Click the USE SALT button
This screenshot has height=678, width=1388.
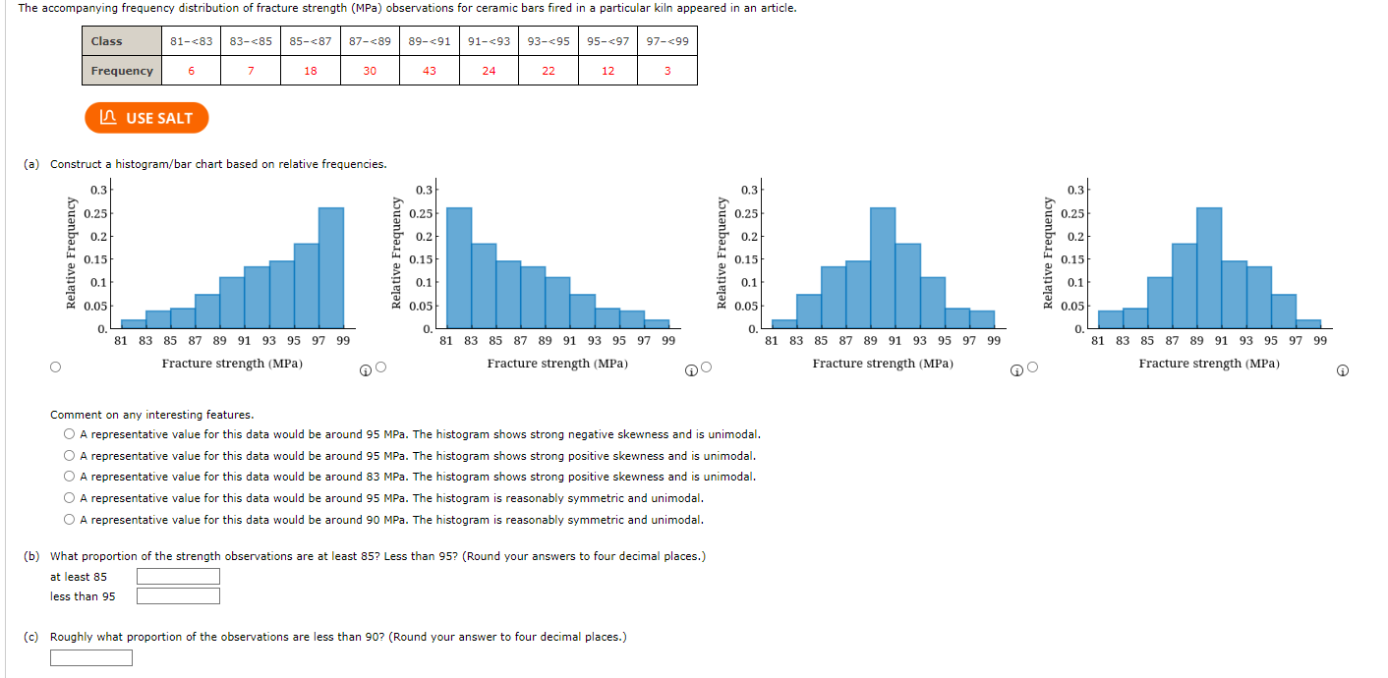(x=146, y=118)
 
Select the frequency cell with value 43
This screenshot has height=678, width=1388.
(x=430, y=71)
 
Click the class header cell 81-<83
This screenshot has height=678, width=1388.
(x=191, y=41)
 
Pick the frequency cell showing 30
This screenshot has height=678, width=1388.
(x=370, y=71)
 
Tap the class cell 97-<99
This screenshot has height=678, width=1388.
(x=667, y=41)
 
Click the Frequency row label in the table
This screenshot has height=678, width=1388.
(x=122, y=71)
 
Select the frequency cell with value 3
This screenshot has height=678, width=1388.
(x=667, y=71)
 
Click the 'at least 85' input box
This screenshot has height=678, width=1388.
(x=178, y=577)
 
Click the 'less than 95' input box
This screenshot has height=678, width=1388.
(x=178, y=596)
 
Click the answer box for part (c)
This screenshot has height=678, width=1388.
(x=91, y=658)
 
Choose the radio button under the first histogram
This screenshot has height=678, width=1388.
(x=55, y=367)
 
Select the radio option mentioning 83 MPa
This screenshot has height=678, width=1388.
(x=69, y=477)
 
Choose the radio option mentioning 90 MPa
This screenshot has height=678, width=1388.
(x=69, y=520)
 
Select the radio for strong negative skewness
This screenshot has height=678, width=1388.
(x=69, y=434)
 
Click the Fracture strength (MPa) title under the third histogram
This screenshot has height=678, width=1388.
(x=883, y=364)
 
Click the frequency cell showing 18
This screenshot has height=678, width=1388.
(x=311, y=71)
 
